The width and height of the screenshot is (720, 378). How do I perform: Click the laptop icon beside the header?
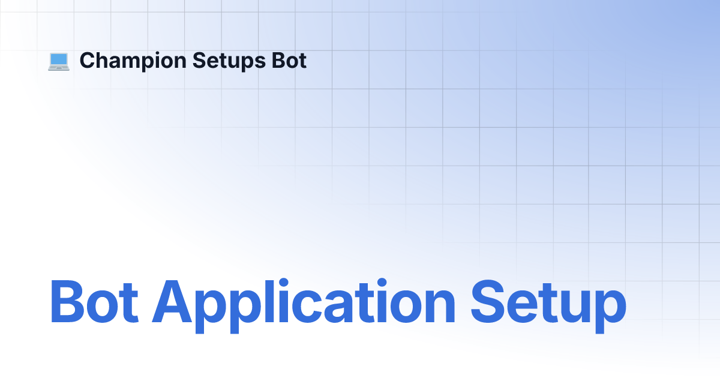tap(59, 61)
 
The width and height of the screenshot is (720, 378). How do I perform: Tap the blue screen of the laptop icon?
tap(59, 59)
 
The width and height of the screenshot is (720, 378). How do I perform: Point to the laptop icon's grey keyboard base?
tap(59, 68)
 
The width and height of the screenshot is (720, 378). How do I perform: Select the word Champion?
tap(133, 61)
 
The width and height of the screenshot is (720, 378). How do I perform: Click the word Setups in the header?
tap(229, 61)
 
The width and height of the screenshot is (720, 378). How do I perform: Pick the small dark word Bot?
tap(289, 61)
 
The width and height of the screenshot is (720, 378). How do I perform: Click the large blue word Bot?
tap(94, 301)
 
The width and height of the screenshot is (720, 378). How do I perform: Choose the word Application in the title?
tap(304, 305)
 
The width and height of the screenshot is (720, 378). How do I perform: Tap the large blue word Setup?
tap(548, 305)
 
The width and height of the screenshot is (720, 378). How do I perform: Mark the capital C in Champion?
tap(88, 61)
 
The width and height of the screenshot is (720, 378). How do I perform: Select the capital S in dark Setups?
tap(200, 61)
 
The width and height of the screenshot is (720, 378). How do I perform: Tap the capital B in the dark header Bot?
tap(279, 61)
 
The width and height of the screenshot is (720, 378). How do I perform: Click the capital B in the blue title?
tap(67, 301)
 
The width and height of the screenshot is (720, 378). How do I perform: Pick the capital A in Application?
tap(172, 301)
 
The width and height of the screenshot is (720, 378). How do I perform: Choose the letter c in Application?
tap(304, 307)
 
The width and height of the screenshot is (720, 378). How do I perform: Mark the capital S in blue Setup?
tap(488, 301)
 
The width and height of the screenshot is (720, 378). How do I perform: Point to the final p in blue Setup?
tap(611, 312)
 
